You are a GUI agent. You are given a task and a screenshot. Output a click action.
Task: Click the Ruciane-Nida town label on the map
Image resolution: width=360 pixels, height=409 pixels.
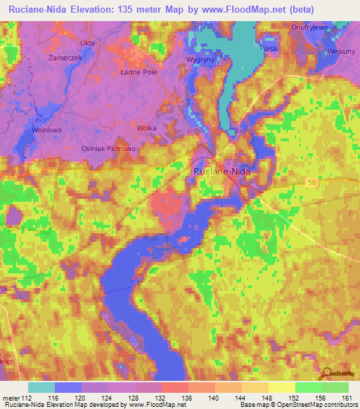click(x=222, y=170)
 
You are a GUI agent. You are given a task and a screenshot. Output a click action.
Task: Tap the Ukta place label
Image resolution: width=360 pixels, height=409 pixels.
click(x=88, y=43)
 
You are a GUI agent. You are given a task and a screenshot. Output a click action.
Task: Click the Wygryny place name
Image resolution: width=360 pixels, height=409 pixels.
click(x=200, y=60)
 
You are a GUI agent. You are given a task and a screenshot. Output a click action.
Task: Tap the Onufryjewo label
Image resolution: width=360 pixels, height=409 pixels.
click(x=310, y=27)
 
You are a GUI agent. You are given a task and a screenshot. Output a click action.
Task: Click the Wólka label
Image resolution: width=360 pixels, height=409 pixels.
click(x=147, y=127)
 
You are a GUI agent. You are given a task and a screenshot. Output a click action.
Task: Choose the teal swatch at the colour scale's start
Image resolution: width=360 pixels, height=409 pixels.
click(x=41, y=387)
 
